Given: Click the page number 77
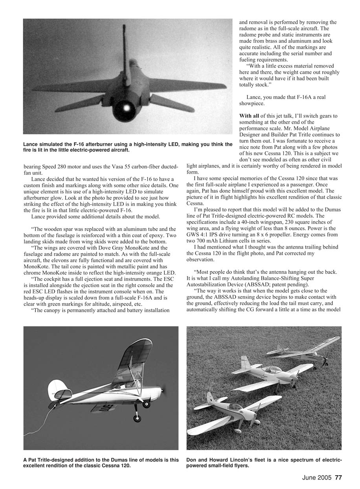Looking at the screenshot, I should tap(338, 478).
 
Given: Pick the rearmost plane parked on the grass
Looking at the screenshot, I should tap(303, 350).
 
